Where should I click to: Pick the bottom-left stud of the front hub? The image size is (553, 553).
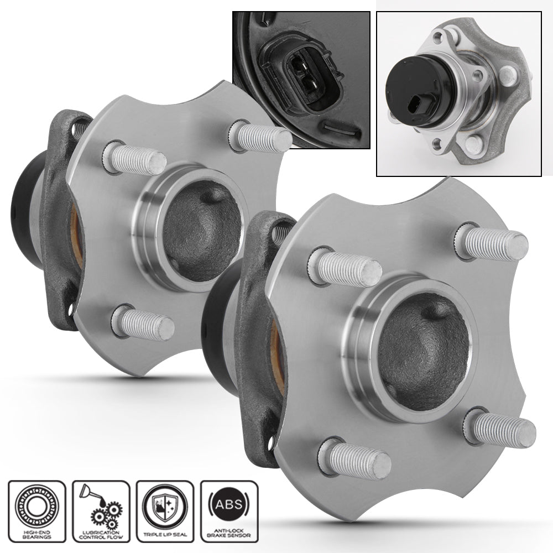(x=354, y=458)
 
